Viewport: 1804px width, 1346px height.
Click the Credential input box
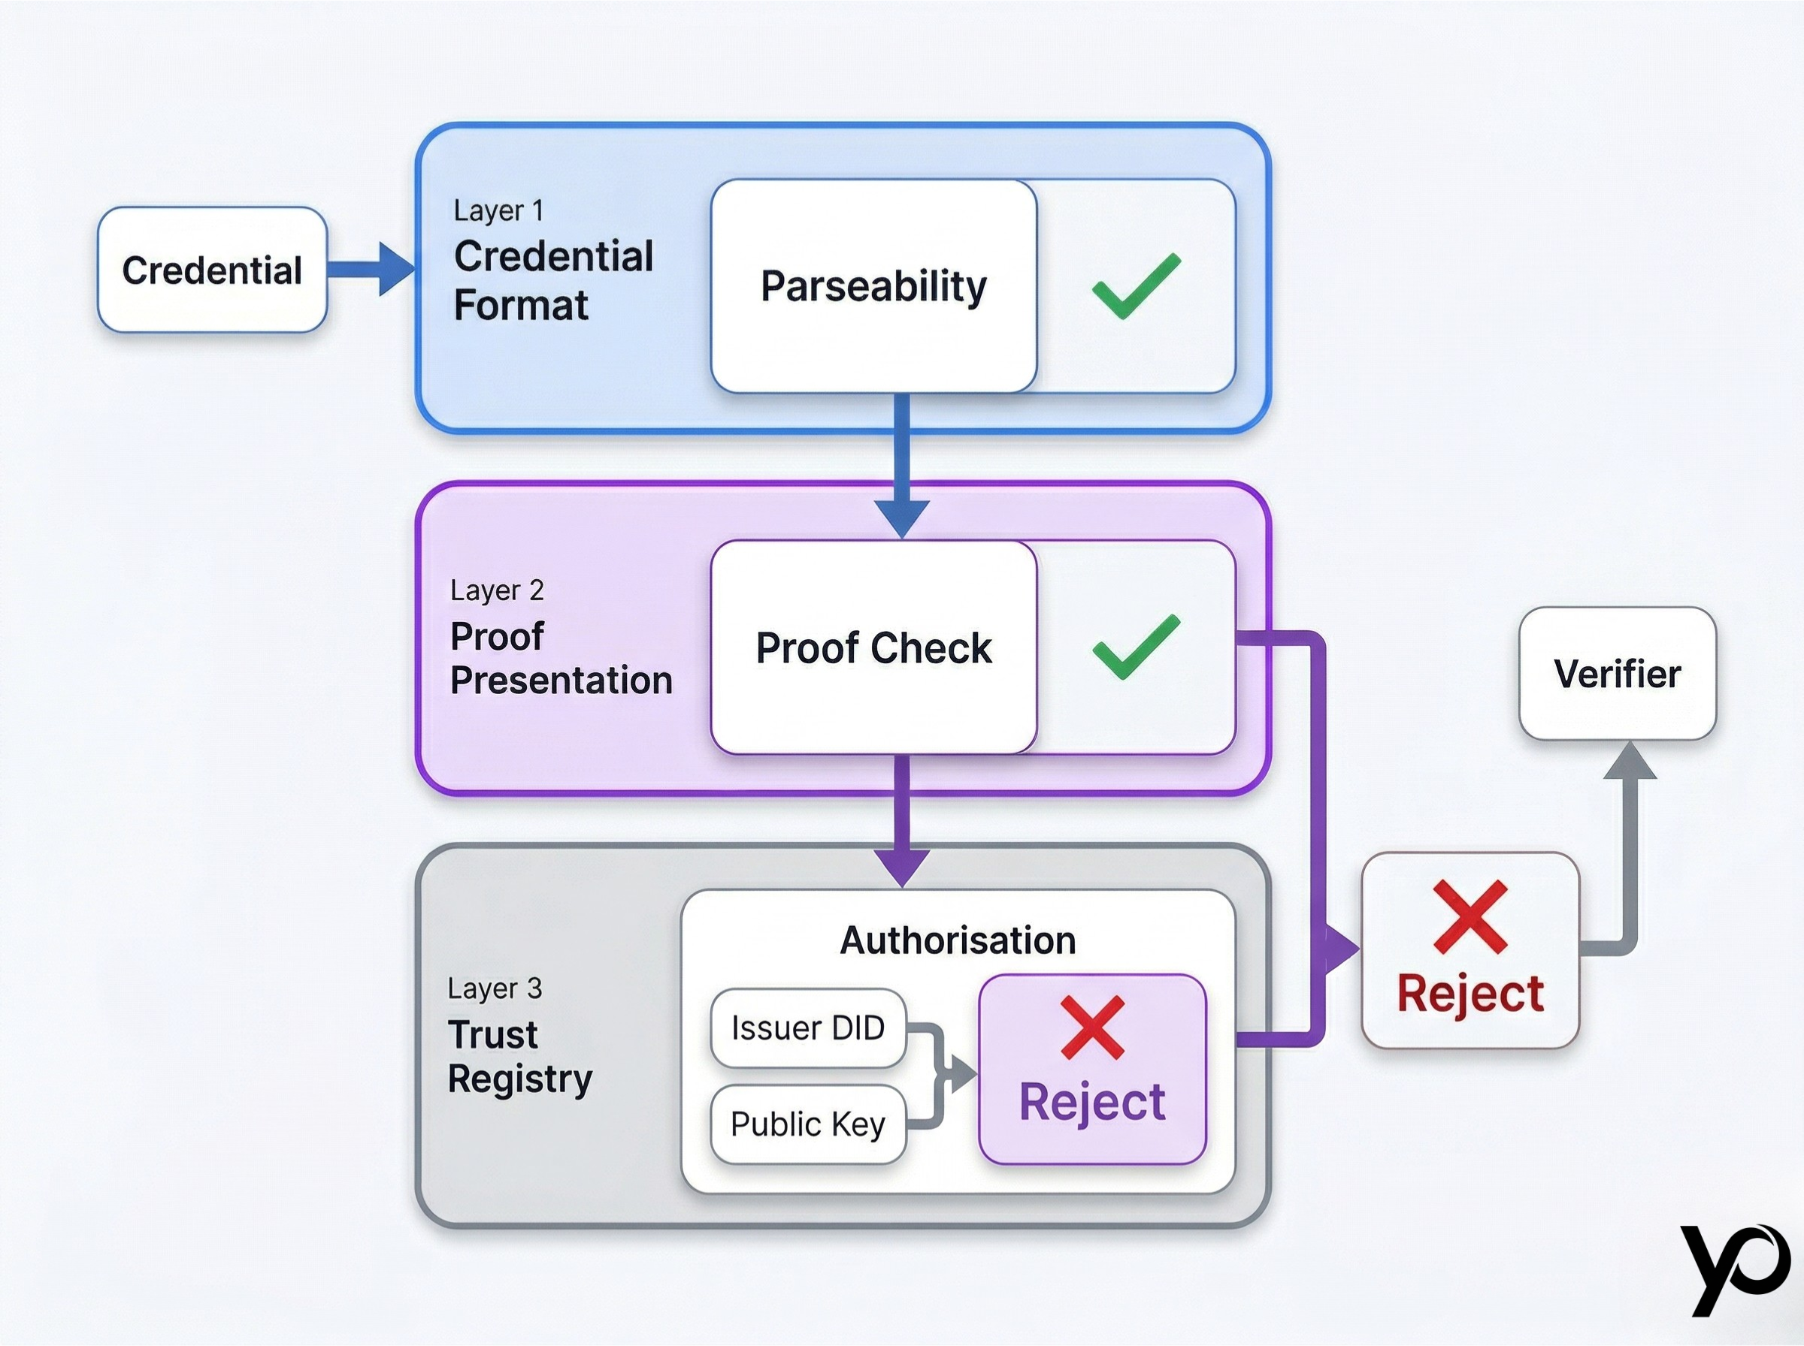point(212,270)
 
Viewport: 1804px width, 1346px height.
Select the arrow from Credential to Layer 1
point(371,269)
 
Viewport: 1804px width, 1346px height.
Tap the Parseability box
point(874,286)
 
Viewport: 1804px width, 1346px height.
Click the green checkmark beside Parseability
point(1136,285)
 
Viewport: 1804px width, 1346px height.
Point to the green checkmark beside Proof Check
point(1136,647)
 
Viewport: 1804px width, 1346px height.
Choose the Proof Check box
point(874,647)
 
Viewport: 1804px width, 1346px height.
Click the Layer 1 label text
point(498,210)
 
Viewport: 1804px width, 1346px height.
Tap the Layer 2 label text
point(496,590)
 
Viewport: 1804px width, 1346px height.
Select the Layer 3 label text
point(495,988)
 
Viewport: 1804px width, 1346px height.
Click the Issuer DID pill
point(808,1028)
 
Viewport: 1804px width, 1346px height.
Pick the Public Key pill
point(808,1124)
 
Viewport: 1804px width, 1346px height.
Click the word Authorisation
point(958,940)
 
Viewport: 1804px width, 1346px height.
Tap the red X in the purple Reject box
point(1092,1028)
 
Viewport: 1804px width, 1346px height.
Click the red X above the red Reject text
point(1470,916)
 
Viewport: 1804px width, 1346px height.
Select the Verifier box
point(1618,674)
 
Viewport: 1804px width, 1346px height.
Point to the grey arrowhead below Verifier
point(1630,761)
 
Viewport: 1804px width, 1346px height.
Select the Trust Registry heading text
point(520,1057)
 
